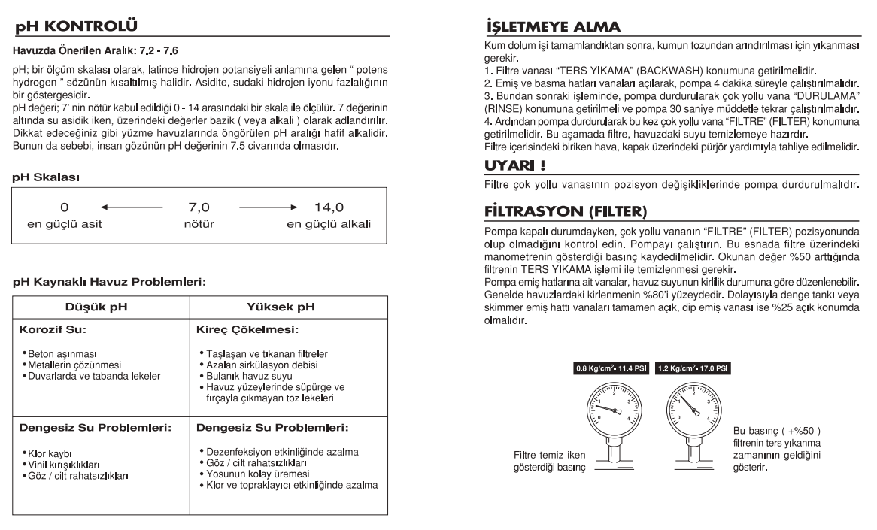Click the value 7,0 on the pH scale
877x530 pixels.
197,206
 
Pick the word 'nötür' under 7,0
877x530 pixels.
197,223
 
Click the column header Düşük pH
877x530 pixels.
101,307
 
